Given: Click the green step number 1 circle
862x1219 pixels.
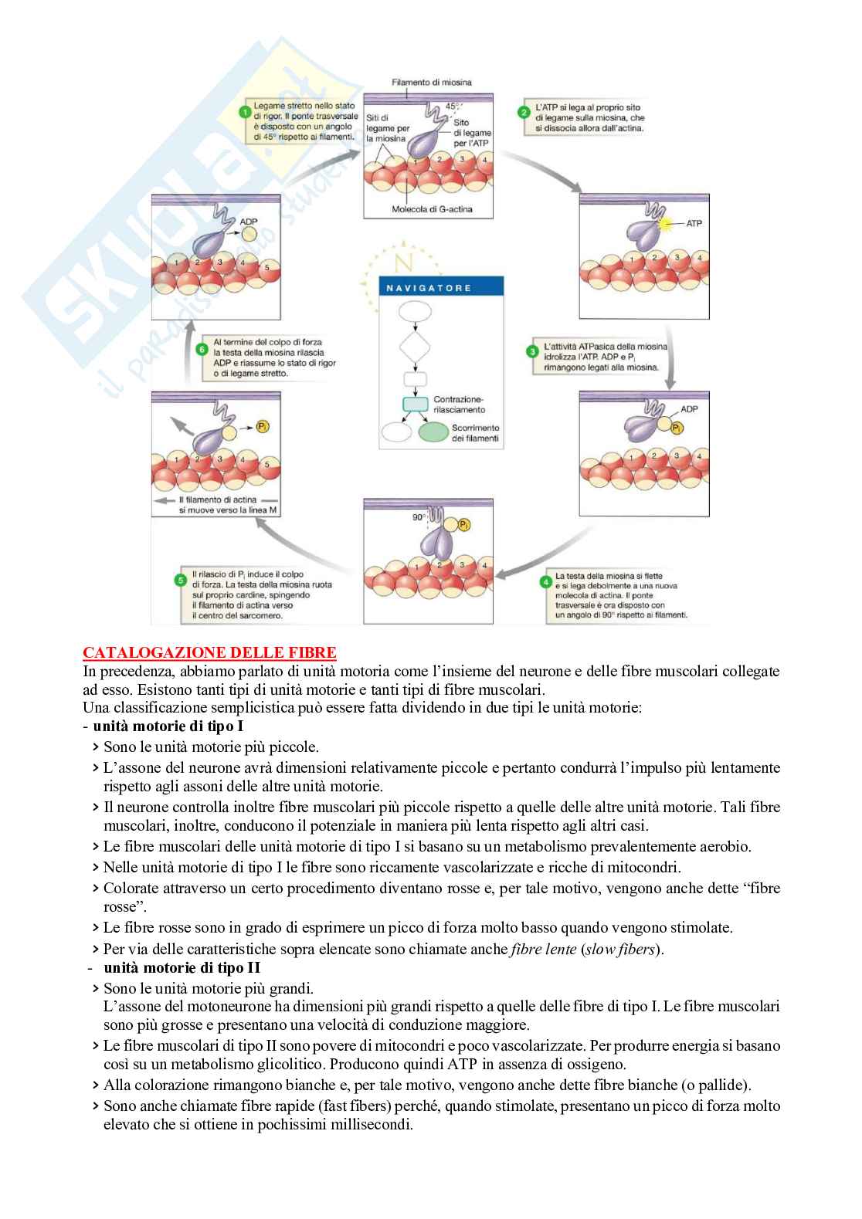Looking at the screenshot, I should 246,110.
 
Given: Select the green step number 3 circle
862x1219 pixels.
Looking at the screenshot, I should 532,351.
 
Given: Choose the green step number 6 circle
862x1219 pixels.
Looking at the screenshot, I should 202,348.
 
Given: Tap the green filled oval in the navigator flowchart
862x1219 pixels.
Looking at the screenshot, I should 443,432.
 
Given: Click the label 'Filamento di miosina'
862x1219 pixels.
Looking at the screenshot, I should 431,82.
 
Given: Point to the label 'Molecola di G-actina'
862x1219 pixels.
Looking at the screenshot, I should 432,210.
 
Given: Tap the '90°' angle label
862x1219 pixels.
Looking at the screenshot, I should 419,518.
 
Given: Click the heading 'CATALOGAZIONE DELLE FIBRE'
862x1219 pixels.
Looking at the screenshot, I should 209,653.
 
